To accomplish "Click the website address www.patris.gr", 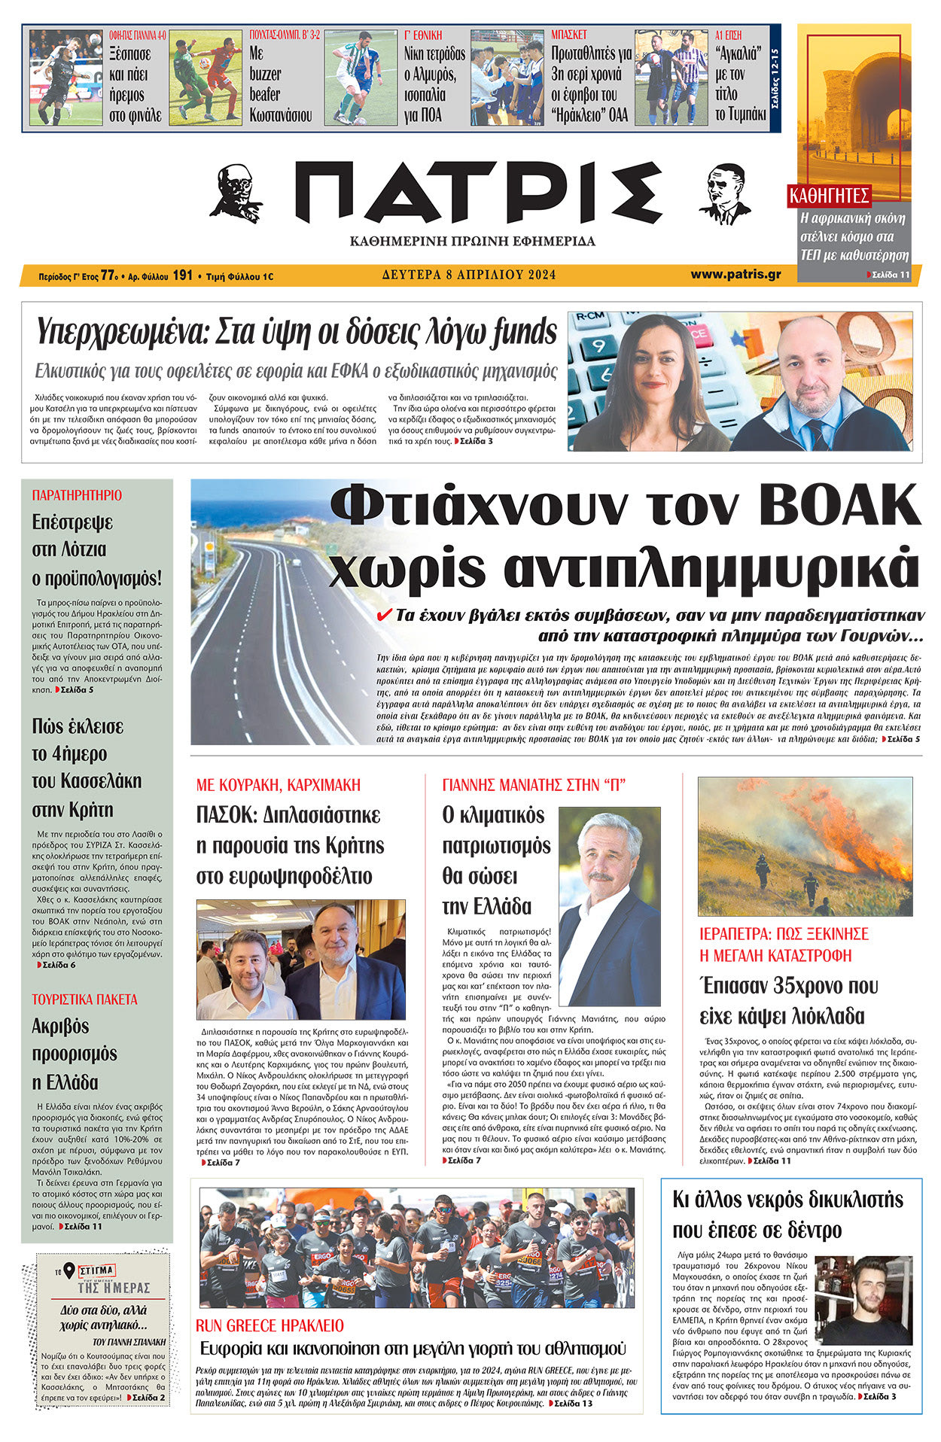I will tap(735, 275).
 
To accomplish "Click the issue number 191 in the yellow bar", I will tap(182, 275).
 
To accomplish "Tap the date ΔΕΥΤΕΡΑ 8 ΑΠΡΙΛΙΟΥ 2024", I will tap(468, 275).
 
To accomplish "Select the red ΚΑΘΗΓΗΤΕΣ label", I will tap(829, 196).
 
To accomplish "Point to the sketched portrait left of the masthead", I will tap(236, 193).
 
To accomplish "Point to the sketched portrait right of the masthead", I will tap(723, 193).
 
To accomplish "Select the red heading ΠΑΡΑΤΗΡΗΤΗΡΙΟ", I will tap(77, 495).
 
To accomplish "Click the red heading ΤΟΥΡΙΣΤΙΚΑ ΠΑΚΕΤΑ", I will tap(84, 999).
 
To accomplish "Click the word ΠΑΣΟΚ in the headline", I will tap(225, 815).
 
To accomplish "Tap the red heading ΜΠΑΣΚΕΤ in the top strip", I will tap(568, 35).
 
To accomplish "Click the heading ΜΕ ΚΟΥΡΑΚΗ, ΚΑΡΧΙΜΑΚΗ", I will tap(278, 785).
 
